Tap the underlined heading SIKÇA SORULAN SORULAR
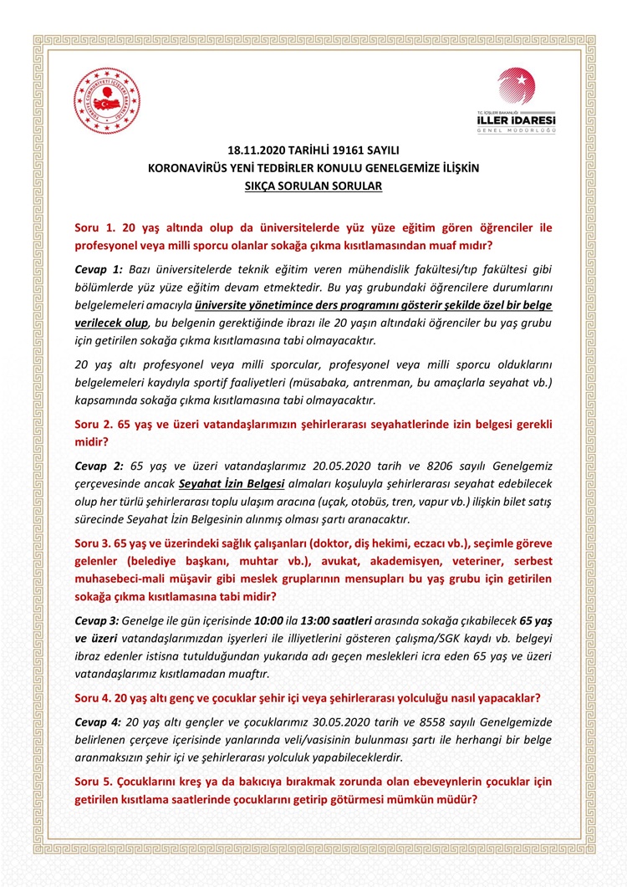click(313, 186)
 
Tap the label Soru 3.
click(94, 543)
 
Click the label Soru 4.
click(94, 698)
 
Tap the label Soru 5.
click(94, 781)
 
